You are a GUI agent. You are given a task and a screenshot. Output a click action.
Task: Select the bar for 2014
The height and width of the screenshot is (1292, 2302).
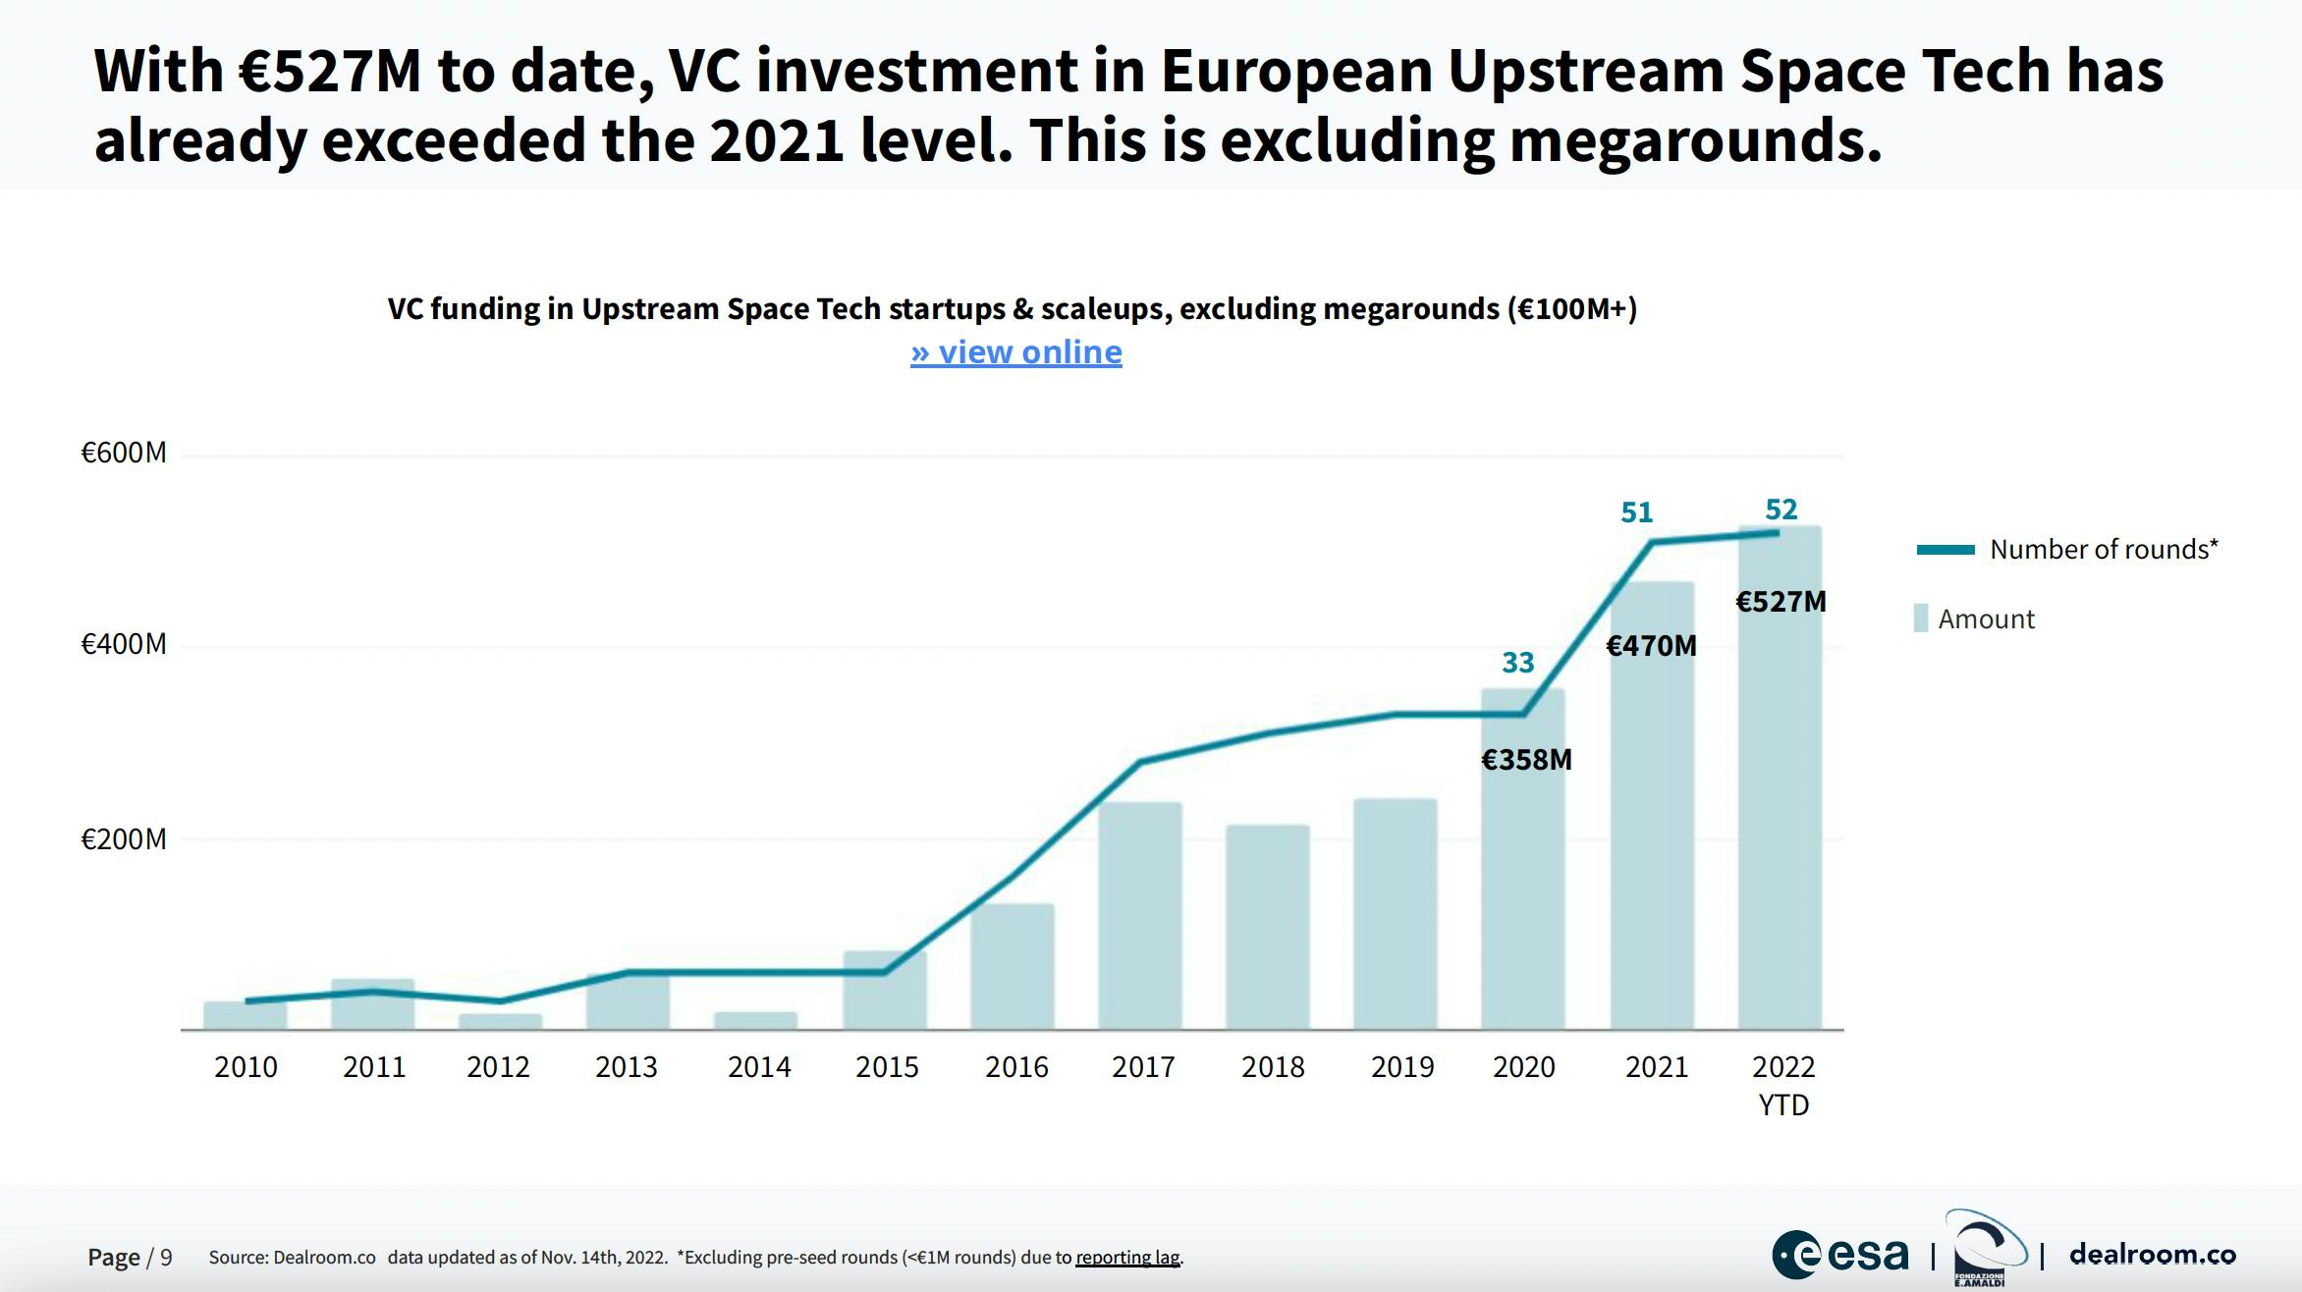(x=755, y=1020)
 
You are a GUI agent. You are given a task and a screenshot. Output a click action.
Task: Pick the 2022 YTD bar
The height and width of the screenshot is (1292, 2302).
(x=1780, y=834)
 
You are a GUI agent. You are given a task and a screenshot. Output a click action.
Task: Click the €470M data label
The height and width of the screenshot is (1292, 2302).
(x=1651, y=646)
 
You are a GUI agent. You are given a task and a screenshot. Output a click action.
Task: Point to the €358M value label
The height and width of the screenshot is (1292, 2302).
(x=1526, y=760)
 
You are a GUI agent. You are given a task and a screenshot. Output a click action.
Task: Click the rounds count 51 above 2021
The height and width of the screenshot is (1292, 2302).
(x=1636, y=512)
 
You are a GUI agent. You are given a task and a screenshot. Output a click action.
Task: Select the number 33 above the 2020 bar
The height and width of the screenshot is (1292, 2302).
(x=1517, y=663)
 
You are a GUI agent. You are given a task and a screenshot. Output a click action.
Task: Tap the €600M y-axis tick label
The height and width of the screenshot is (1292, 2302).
(x=124, y=453)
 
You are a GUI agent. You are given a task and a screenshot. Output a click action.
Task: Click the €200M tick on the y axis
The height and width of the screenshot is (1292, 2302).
(x=124, y=839)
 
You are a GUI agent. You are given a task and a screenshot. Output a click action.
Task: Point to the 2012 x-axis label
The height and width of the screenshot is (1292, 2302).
(x=498, y=1067)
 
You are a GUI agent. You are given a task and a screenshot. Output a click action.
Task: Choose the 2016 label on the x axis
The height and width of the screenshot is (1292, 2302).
(x=1016, y=1067)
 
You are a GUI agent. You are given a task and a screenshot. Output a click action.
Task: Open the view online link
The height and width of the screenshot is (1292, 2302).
(x=1015, y=351)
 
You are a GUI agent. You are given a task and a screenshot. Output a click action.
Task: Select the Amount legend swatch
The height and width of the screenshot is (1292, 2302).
(x=1921, y=619)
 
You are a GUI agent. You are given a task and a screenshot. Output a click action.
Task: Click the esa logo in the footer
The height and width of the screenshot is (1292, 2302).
(x=1840, y=1255)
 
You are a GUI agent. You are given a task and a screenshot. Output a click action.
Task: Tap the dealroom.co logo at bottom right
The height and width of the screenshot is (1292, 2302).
(x=2152, y=1255)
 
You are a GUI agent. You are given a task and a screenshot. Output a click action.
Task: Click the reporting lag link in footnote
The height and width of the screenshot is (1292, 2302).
(x=1128, y=1258)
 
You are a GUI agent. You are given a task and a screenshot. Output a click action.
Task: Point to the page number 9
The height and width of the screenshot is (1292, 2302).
(x=166, y=1258)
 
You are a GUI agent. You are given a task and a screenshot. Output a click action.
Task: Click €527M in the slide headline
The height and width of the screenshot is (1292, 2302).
(x=330, y=71)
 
